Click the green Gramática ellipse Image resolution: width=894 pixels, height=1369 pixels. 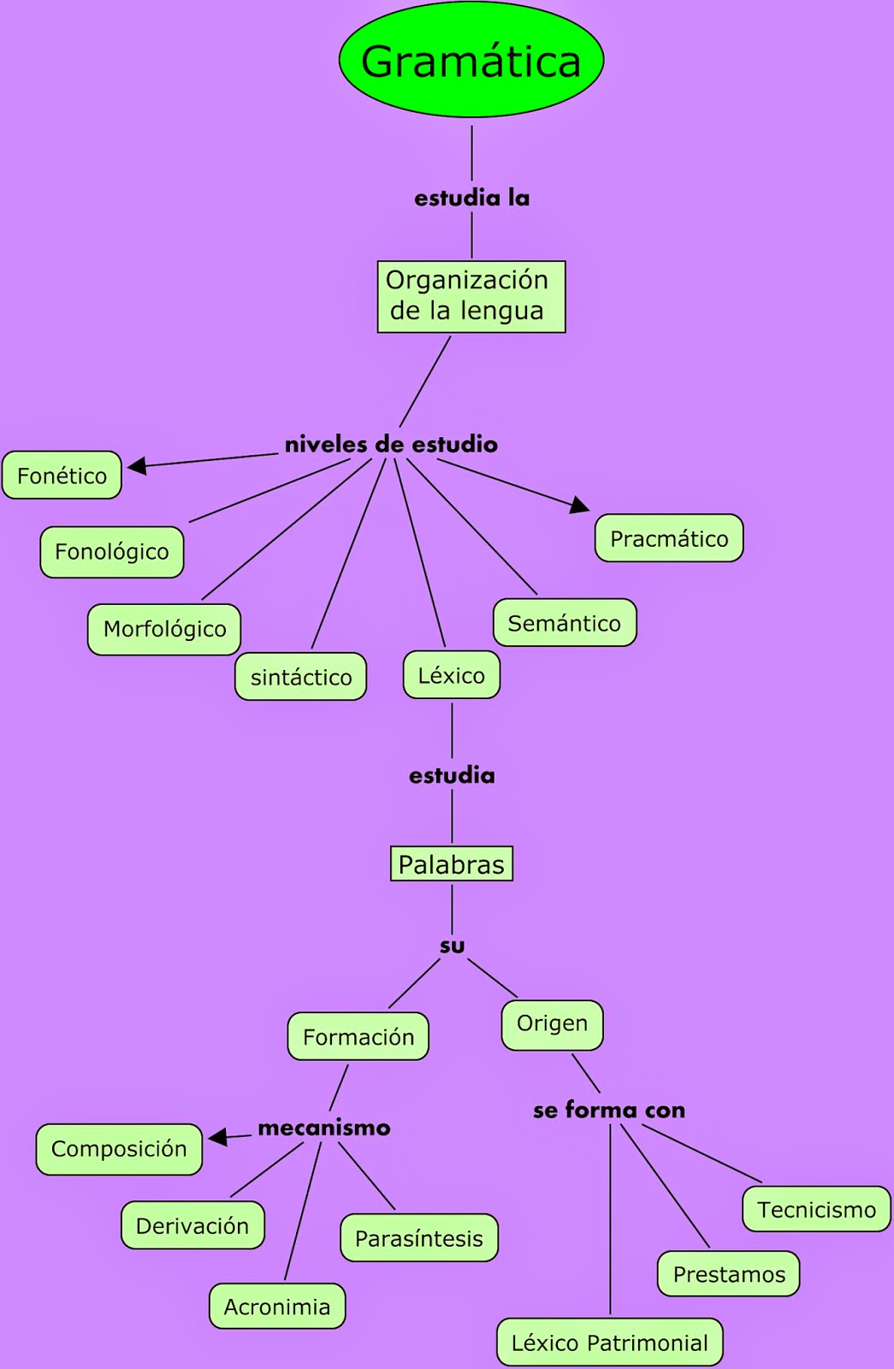[x=471, y=60]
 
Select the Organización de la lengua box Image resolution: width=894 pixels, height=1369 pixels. [x=471, y=296]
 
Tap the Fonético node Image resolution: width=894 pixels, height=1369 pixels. [x=62, y=475]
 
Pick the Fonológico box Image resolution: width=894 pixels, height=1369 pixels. [x=111, y=552]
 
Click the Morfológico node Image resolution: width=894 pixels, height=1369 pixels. [x=164, y=629]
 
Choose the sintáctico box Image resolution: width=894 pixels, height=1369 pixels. [x=301, y=677]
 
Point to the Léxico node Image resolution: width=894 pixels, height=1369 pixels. [x=451, y=675]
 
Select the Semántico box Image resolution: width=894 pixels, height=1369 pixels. [x=565, y=623]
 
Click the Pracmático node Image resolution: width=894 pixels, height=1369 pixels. [x=669, y=538]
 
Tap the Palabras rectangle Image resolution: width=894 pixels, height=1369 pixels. [x=451, y=864]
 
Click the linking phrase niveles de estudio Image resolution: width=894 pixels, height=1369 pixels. [x=391, y=444]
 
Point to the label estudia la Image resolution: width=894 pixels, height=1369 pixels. [x=471, y=199]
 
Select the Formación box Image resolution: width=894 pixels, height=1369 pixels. [x=358, y=1037]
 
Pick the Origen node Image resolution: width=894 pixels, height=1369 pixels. [x=552, y=1024]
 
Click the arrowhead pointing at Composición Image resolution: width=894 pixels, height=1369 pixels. [x=217, y=1137]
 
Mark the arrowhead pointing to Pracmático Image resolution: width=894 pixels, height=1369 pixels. [x=580, y=505]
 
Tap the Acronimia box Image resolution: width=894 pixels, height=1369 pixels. [x=277, y=1307]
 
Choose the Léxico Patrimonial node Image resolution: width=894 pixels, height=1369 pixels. [x=609, y=1342]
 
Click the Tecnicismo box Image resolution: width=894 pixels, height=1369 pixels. [x=816, y=1209]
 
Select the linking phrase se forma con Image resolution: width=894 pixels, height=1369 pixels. [x=609, y=1111]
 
